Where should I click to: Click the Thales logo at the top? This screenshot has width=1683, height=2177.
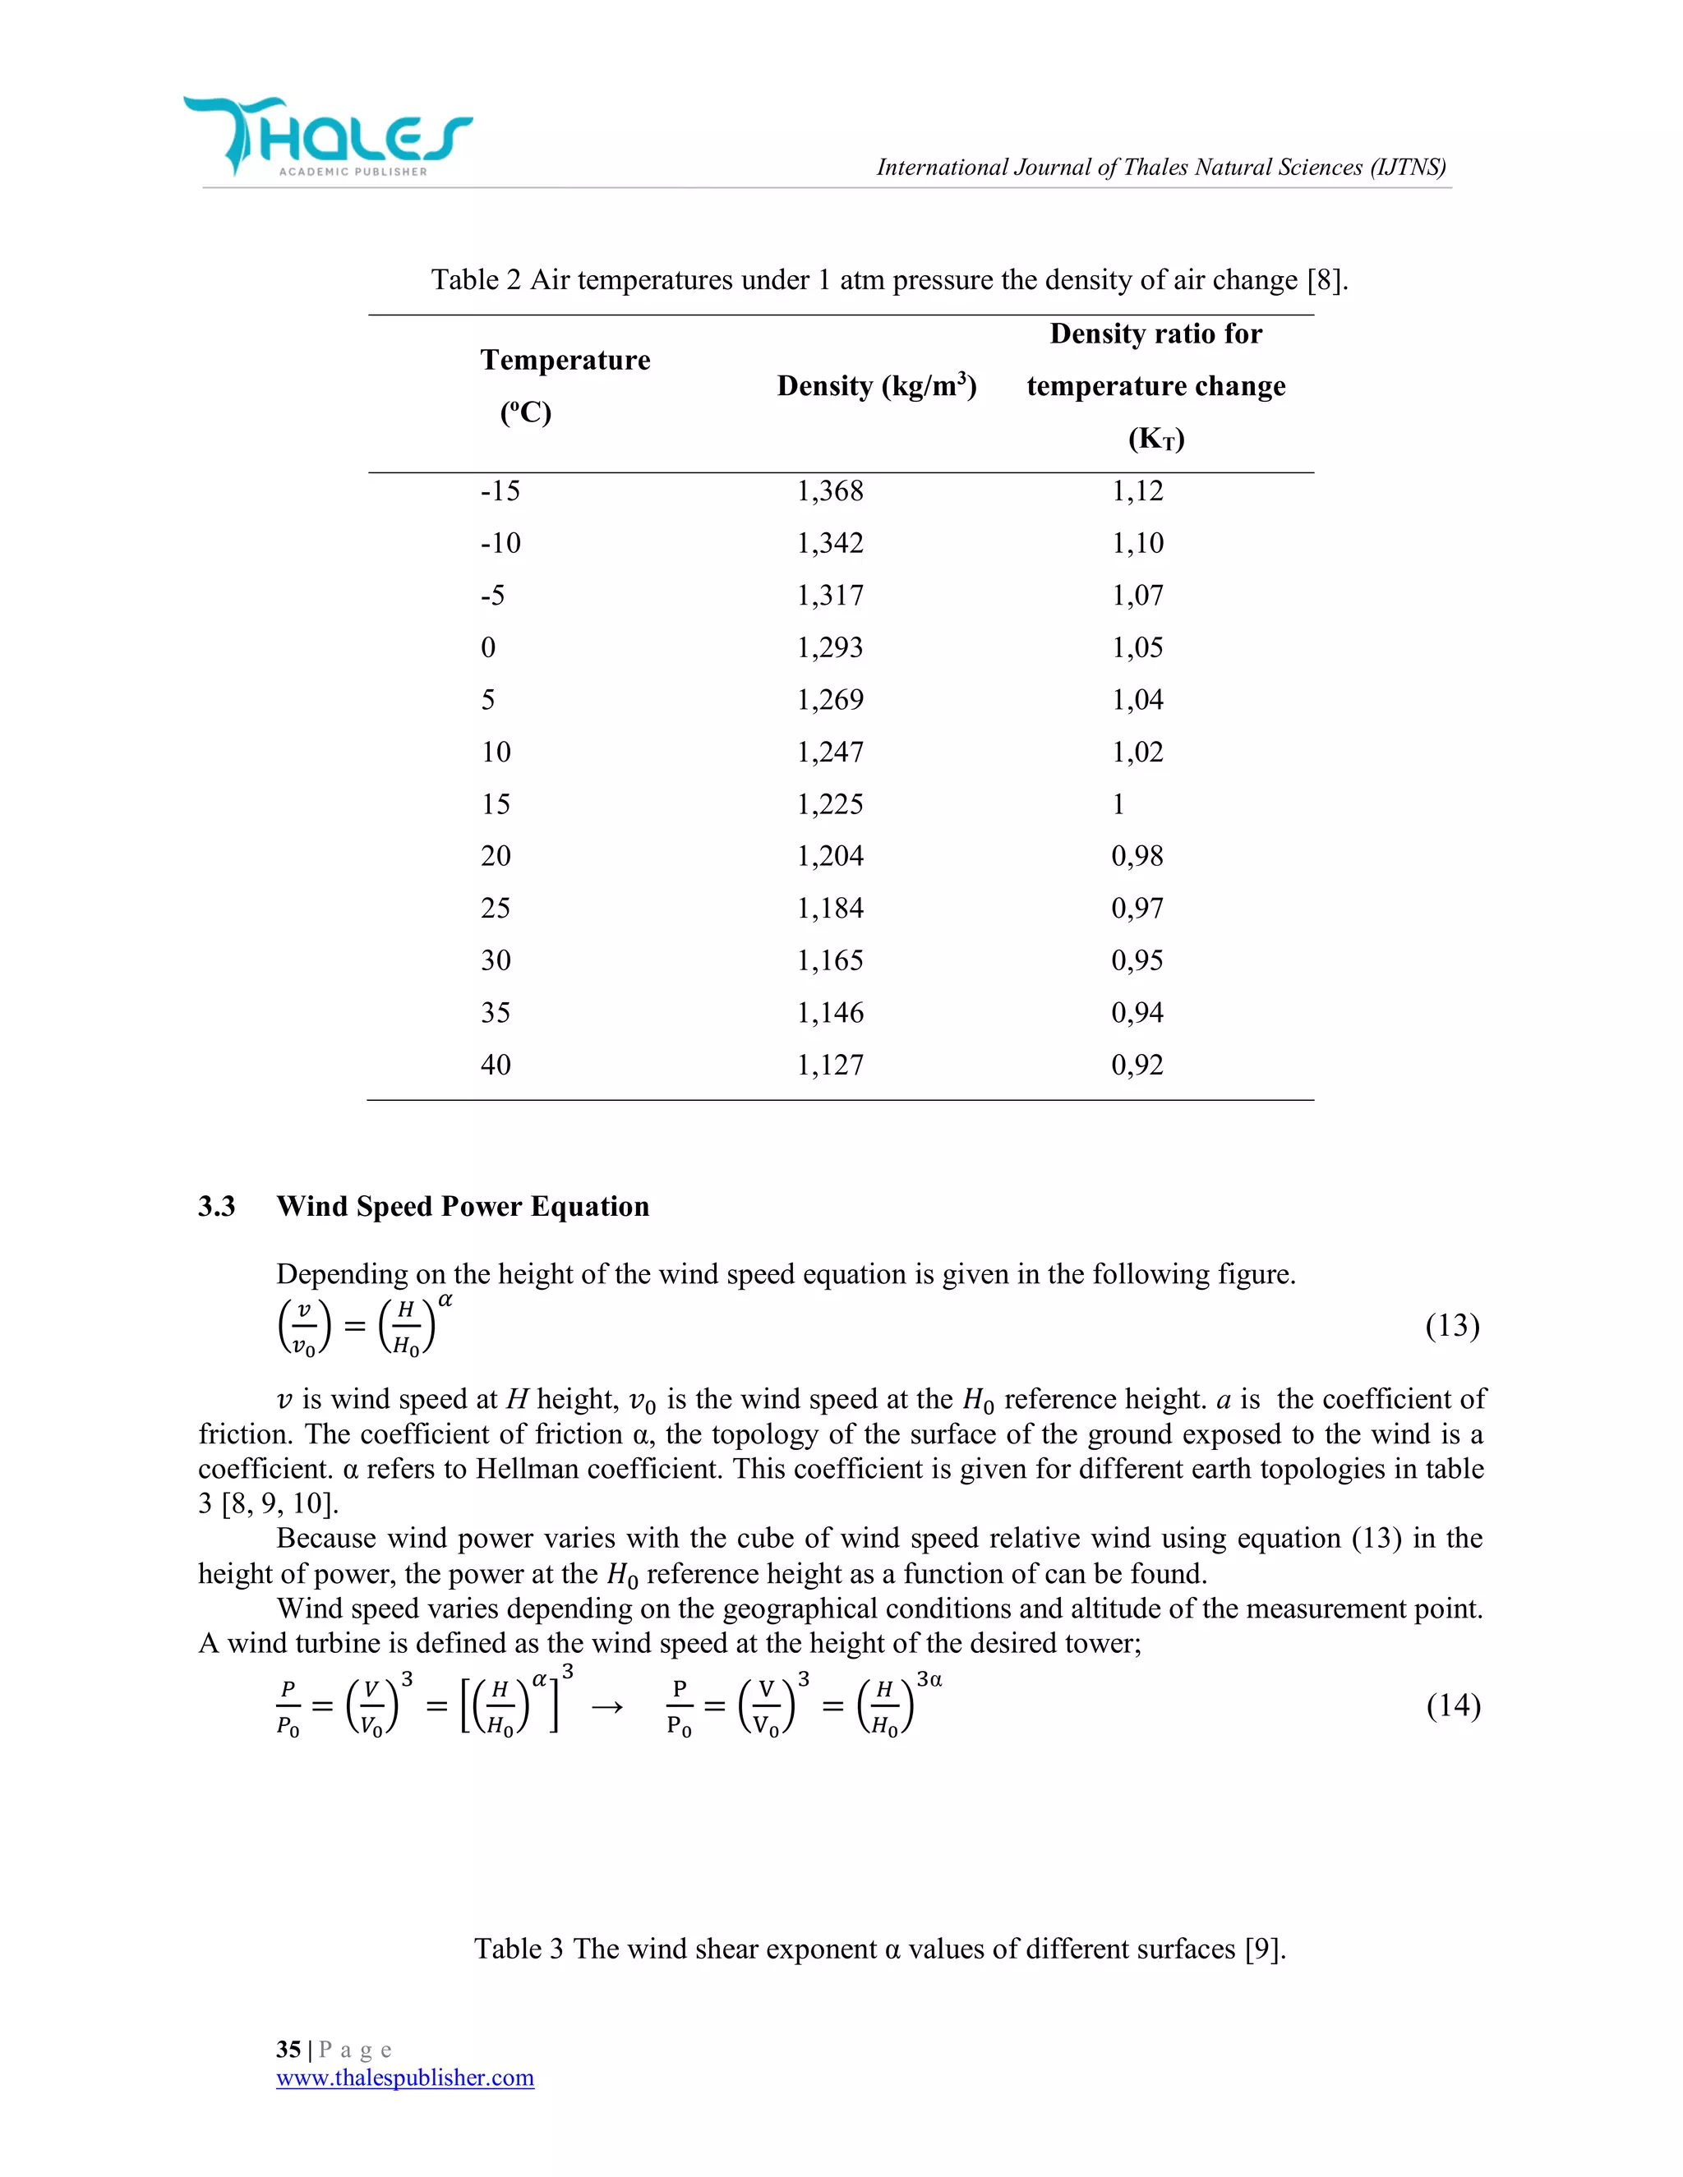pyautogui.click(x=327, y=136)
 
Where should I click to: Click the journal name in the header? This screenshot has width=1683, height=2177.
pyautogui.click(x=1160, y=168)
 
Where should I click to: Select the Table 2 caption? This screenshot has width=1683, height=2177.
pyautogui.click(x=888, y=280)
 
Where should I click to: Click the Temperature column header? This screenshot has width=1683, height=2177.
pyautogui.click(x=565, y=384)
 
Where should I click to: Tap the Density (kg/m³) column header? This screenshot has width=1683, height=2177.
pyautogui.click(x=875, y=386)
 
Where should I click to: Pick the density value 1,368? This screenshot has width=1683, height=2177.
pyautogui.click(x=829, y=490)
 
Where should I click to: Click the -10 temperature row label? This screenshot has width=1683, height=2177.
pyautogui.click(x=500, y=543)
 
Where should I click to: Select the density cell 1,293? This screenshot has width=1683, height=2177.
pyautogui.click(x=829, y=648)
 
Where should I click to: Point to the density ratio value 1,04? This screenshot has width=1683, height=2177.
pyautogui.click(x=1137, y=700)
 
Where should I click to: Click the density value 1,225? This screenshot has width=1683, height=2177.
pyautogui.click(x=829, y=804)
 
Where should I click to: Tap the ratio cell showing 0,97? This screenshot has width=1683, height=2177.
pyautogui.click(x=1137, y=908)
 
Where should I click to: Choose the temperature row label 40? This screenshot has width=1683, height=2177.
pyautogui.click(x=496, y=1065)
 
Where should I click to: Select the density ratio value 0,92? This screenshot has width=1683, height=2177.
pyautogui.click(x=1137, y=1065)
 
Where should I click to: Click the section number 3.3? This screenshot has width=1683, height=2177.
pyautogui.click(x=216, y=1207)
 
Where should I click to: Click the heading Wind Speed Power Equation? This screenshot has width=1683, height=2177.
pyautogui.click(x=463, y=1207)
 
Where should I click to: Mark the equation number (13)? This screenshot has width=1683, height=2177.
pyautogui.click(x=1452, y=1326)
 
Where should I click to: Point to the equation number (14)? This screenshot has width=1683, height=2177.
pyautogui.click(x=1453, y=1705)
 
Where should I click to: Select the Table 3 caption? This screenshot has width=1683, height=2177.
pyautogui.click(x=879, y=1949)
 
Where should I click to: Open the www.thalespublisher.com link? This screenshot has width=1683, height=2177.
pyautogui.click(x=405, y=2078)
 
